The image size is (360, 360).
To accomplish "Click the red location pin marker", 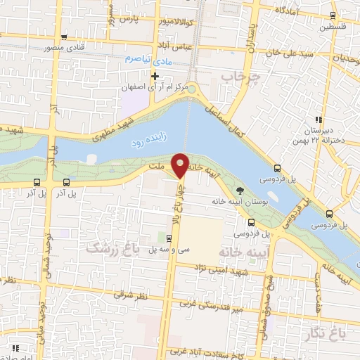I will pos(181,165).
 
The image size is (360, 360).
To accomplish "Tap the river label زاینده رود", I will pos(146,142).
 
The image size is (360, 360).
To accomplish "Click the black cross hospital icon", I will pos(155,75).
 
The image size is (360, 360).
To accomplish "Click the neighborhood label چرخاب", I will pos(246,75).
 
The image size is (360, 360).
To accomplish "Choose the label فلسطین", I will pos(334,28).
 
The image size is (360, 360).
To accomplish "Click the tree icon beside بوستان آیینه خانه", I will pos(240,190).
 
